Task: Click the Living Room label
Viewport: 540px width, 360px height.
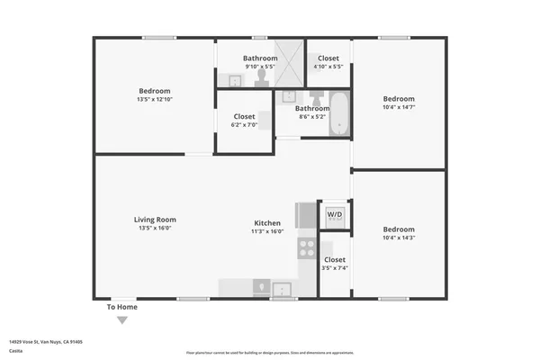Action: [155, 220]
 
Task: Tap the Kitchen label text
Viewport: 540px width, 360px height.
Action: [267, 223]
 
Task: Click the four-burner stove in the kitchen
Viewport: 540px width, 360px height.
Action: [306, 247]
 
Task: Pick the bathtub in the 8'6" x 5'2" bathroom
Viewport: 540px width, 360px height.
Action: [338, 113]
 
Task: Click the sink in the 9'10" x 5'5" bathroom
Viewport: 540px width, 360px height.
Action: [234, 81]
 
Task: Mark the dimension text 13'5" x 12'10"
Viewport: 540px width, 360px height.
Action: [155, 100]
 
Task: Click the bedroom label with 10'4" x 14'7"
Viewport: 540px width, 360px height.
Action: [399, 99]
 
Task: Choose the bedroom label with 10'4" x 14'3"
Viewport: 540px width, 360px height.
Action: [399, 229]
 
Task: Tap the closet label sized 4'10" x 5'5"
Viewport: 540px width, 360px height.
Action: [328, 58]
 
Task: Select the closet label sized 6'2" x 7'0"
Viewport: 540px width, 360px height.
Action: [245, 117]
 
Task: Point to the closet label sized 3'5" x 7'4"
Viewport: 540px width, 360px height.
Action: [335, 260]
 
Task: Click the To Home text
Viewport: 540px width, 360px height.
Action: [122, 307]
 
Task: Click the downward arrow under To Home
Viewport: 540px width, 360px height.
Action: [122, 319]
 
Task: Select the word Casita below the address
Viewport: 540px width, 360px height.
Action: [15, 351]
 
